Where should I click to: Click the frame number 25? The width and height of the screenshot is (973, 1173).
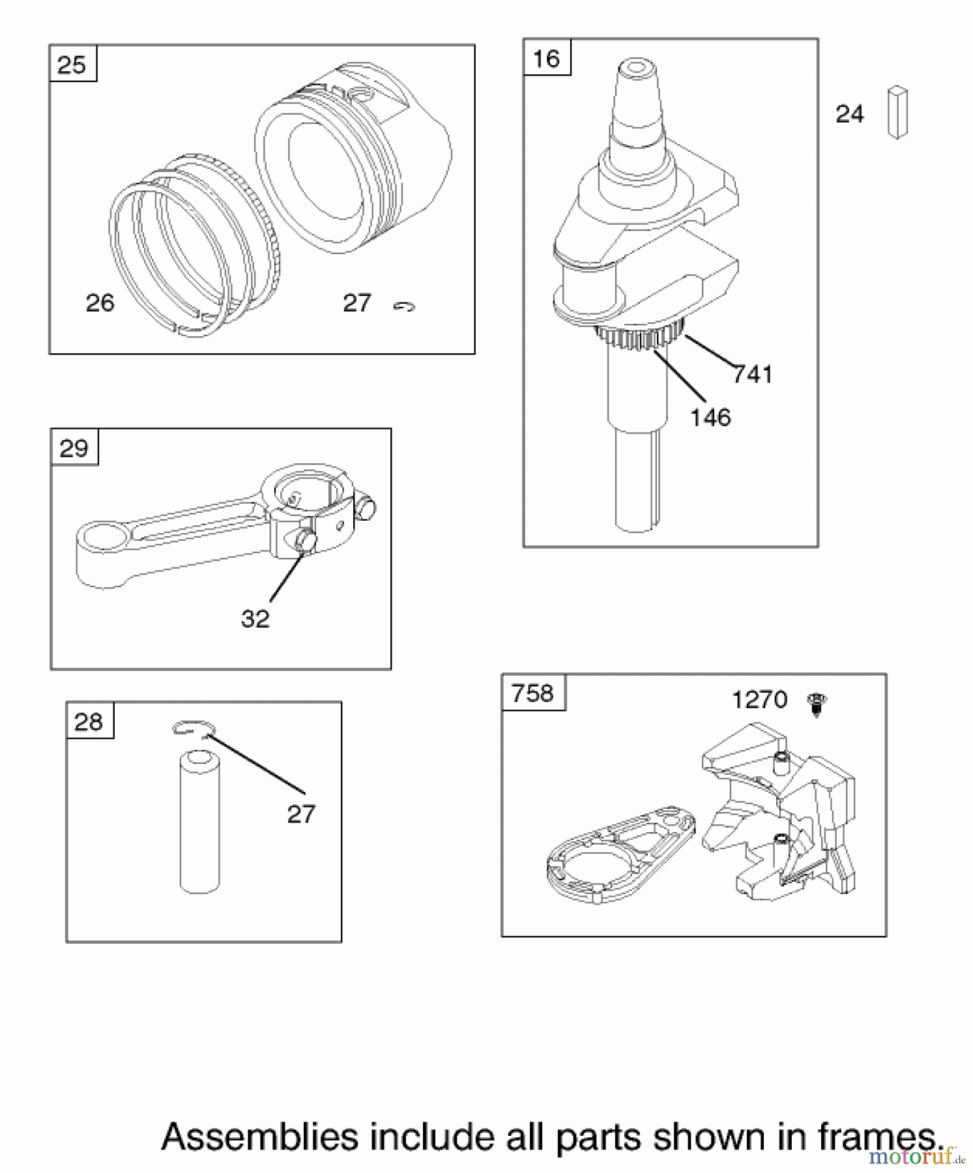pos(72,65)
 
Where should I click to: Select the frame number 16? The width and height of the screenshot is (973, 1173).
pos(546,59)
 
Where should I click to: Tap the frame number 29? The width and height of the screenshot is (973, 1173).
pos(74,448)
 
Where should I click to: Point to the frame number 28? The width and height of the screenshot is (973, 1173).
pos(89,722)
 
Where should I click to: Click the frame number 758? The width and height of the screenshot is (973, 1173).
pos(532,693)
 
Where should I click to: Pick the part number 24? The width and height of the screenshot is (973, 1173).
pos(849,114)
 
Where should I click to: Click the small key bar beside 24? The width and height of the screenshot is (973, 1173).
pos(897,112)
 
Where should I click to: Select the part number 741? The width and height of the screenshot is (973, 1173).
pos(752,375)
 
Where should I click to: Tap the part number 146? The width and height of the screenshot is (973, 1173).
pos(710,418)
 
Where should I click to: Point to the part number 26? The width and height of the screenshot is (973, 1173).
pos(100,303)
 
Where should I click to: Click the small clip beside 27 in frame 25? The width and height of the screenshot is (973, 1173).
pos(404,306)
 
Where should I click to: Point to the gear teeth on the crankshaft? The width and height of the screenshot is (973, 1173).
pos(639,338)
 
